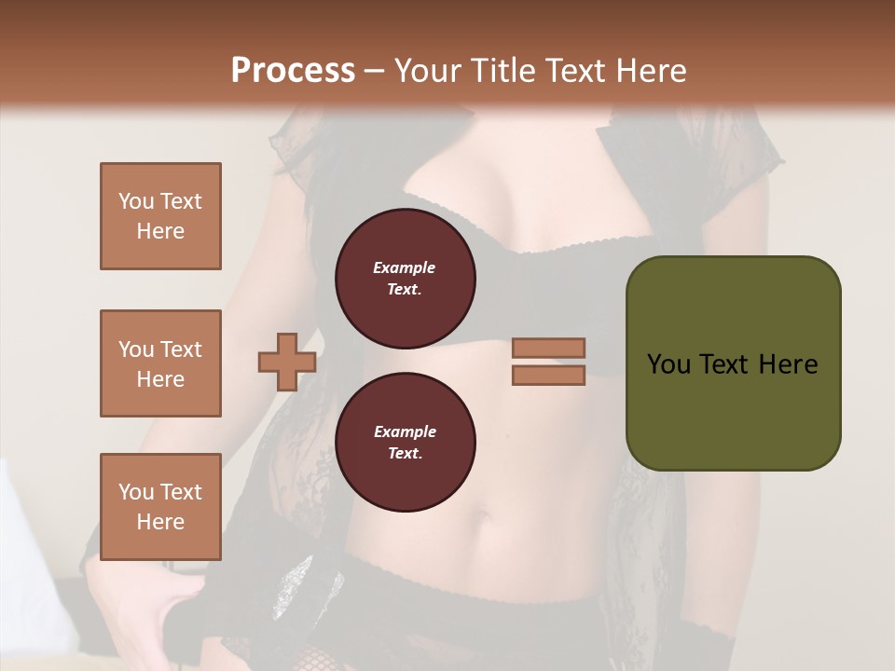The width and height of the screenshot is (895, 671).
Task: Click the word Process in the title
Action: pyautogui.click(x=293, y=70)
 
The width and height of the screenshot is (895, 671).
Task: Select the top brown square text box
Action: pyautogui.click(x=160, y=216)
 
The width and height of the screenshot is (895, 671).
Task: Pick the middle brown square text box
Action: pyautogui.click(x=160, y=363)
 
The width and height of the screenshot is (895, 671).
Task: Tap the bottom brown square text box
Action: pyautogui.click(x=160, y=507)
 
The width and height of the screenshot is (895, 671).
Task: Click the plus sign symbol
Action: pyautogui.click(x=287, y=362)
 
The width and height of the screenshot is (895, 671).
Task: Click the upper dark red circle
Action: pyautogui.click(x=405, y=278)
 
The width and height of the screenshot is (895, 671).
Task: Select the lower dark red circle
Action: pyautogui.click(x=405, y=442)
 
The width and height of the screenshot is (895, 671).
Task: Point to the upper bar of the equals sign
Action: pyautogui.click(x=548, y=348)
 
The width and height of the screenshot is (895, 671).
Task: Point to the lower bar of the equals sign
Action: pyautogui.click(x=548, y=375)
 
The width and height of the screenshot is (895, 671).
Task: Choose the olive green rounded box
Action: pyautogui.click(x=733, y=363)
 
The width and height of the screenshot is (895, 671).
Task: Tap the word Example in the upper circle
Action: pyautogui.click(x=405, y=267)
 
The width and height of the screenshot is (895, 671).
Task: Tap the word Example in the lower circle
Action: pyautogui.click(x=405, y=431)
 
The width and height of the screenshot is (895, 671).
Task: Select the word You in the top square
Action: pyautogui.click(x=135, y=201)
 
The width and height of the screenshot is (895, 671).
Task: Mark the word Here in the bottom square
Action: pyautogui.click(x=160, y=522)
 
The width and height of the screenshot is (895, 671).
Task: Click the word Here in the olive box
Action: pyautogui.click(x=788, y=364)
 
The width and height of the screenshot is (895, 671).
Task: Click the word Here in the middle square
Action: pyautogui.click(x=160, y=379)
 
